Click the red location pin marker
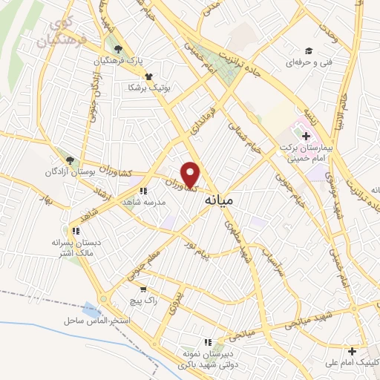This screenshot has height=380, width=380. (191, 174)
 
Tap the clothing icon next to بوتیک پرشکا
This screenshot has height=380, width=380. (148, 76)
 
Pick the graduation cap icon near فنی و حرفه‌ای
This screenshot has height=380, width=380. (309, 50)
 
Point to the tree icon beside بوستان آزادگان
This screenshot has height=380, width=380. (70, 159)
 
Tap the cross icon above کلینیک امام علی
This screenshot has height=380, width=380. (352, 350)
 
